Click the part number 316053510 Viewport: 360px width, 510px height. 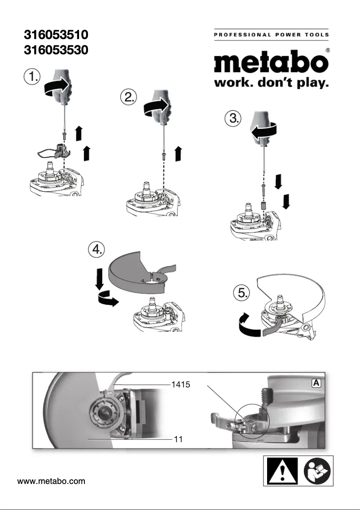[55, 34]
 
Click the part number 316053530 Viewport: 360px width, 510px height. [55, 50]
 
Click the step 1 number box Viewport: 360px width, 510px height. [31, 76]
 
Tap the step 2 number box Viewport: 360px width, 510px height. [129, 97]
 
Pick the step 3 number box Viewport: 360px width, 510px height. [233, 119]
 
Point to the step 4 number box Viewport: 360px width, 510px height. [97, 250]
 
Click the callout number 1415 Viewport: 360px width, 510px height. [181, 384]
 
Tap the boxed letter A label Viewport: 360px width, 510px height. [316, 382]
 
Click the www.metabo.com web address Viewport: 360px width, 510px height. [51, 482]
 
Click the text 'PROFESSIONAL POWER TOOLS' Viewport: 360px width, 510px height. [271, 35]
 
